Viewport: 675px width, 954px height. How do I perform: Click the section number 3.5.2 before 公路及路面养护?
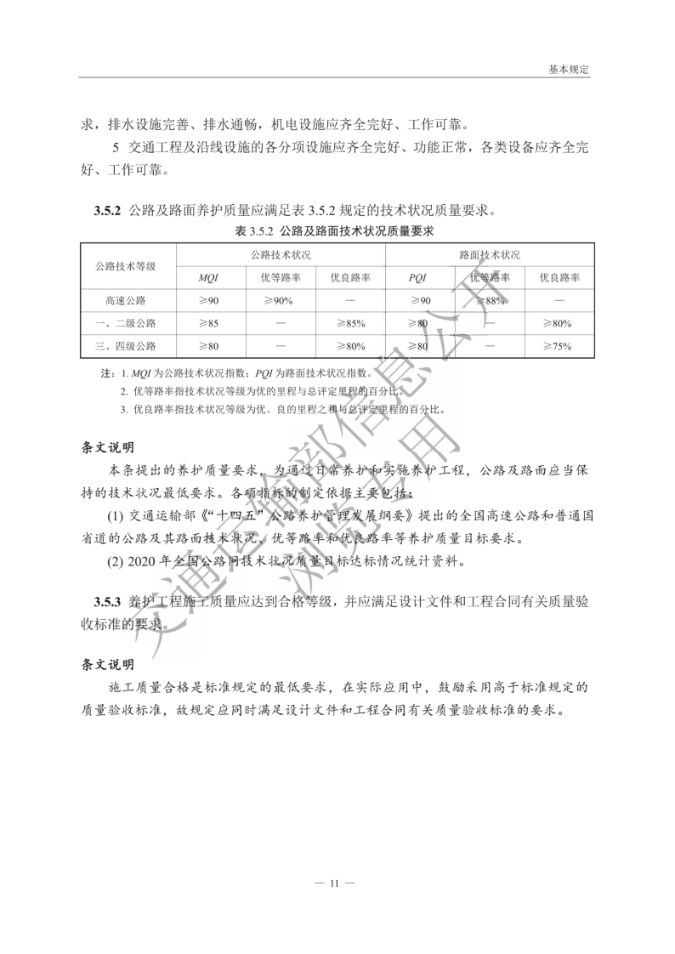[x=109, y=210]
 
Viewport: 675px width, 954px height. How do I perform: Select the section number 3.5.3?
[x=109, y=602]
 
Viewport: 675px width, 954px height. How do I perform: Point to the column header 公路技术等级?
[x=128, y=265]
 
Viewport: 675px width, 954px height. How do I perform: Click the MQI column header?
[x=208, y=278]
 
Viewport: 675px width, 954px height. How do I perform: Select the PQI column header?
[x=417, y=278]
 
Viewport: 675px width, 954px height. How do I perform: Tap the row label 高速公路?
[x=128, y=301]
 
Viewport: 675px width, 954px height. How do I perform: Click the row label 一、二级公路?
[x=126, y=324]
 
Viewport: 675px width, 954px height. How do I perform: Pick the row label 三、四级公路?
[x=126, y=346]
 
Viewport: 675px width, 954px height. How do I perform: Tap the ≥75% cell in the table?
[x=558, y=346]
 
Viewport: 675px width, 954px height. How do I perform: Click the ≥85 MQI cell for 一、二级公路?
[x=208, y=324]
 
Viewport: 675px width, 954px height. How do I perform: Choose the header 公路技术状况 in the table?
[x=281, y=254]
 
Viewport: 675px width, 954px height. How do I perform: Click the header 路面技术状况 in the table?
[x=489, y=254]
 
